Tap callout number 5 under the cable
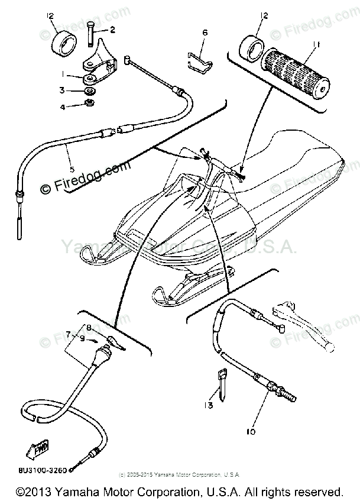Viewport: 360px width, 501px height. click(x=72, y=169)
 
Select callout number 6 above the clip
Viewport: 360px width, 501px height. click(x=205, y=34)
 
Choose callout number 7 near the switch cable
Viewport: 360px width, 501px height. click(x=69, y=334)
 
